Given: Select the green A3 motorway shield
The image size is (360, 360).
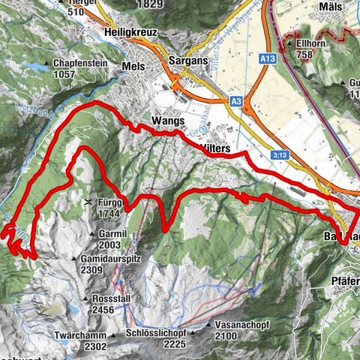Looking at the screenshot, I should [x=236, y=100].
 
